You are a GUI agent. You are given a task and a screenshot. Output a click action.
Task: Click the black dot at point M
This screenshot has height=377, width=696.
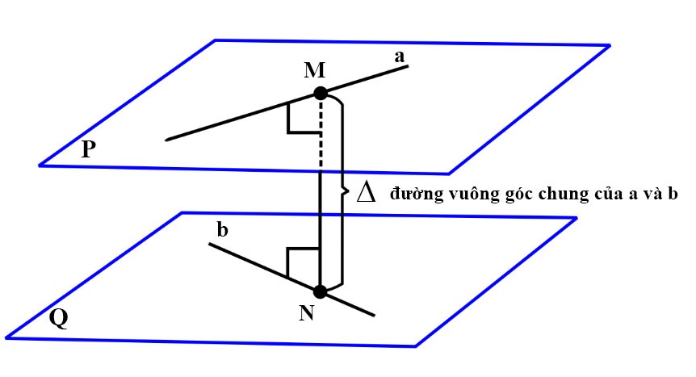click(320, 93)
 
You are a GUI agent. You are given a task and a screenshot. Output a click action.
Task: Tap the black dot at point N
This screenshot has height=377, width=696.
click(320, 291)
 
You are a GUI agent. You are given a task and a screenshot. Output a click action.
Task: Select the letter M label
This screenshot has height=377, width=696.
click(315, 70)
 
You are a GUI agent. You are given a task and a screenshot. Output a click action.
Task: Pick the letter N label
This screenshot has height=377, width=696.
click(307, 313)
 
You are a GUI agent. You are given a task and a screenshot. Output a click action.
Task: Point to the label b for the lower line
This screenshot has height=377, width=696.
click(223, 230)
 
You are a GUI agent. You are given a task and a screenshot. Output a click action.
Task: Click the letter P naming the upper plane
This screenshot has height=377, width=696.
click(90, 149)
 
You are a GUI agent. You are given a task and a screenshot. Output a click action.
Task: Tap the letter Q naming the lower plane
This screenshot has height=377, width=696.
click(58, 318)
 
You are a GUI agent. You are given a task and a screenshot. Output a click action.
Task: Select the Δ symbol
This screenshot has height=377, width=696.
click(365, 194)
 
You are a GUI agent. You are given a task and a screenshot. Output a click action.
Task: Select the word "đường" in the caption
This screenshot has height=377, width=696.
click(409, 195)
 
